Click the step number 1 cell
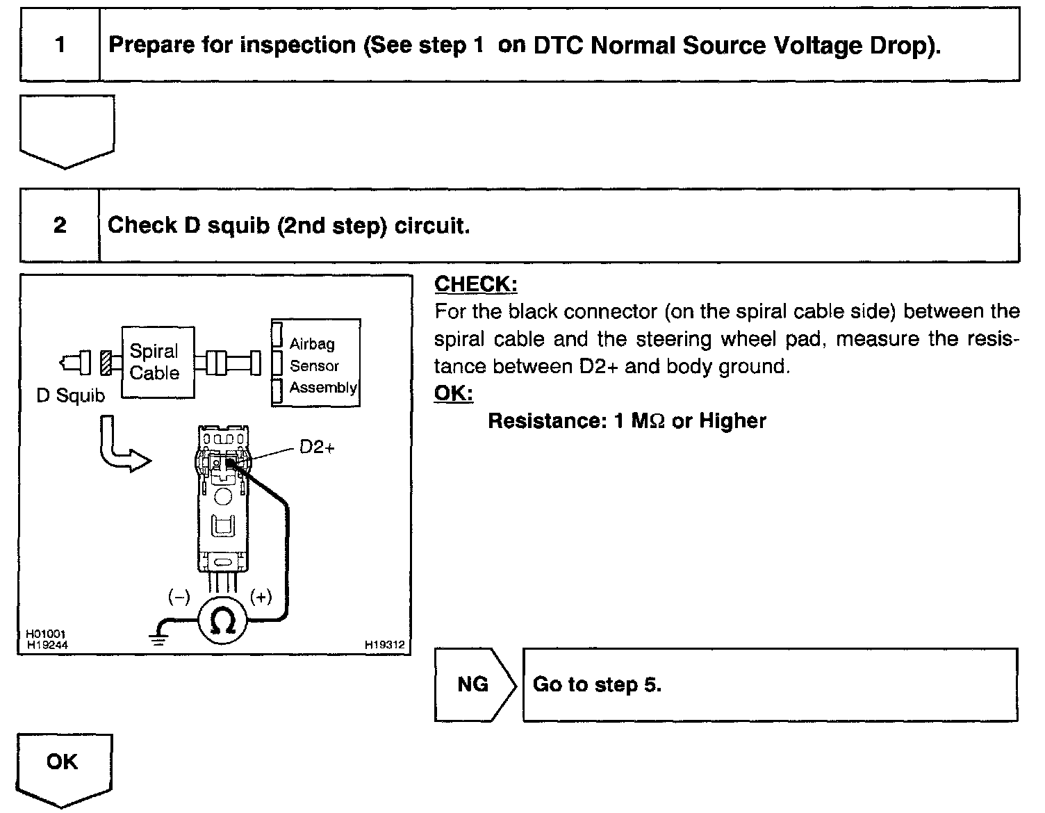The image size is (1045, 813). (x=60, y=45)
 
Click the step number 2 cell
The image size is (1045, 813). (x=60, y=225)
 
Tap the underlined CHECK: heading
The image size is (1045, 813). (x=475, y=284)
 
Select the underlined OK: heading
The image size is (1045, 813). (x=453, y=393)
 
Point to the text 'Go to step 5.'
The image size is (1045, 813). (x=597, y=684)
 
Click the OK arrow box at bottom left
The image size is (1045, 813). (x=63, y=764)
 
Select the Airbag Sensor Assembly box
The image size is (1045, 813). (x=316, y=363)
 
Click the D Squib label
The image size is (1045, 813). (x=70, y=396)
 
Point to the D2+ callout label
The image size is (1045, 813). (x=317, y=447)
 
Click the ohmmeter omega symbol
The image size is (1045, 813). (x=223, y=620)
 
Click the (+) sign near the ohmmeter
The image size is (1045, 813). (x=261, y=596)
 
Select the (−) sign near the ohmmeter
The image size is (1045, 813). (x=179, y=596)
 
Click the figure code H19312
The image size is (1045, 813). (x=384, y=645)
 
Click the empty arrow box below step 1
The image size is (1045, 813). (x=67, y=130)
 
